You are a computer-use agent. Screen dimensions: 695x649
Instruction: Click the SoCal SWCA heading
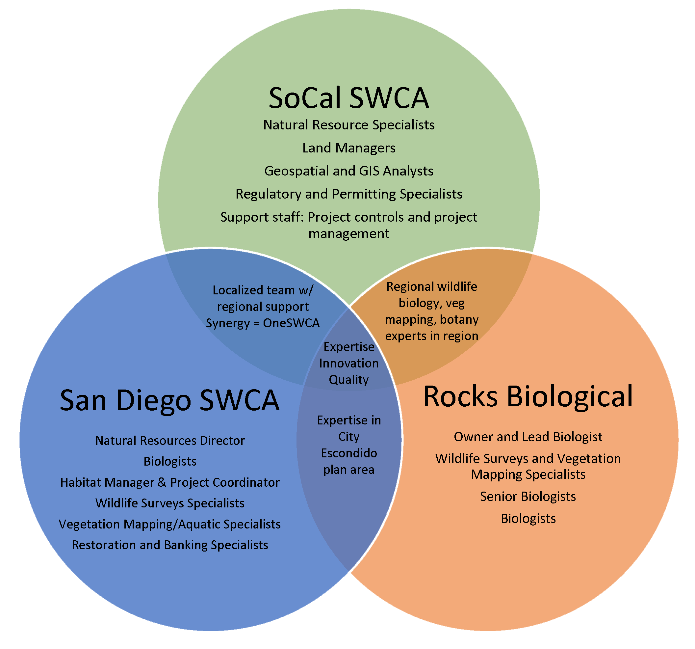(x=348, y=98)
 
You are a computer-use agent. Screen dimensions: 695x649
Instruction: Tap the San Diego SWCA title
(x=169, y=400)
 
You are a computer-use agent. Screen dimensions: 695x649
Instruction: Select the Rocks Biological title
(x=528, y=396)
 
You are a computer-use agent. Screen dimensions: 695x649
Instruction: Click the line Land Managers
(x=348, y=148)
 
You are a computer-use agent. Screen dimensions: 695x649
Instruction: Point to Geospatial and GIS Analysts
(x=348, y=171)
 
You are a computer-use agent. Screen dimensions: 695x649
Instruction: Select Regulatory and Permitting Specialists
(x=348, y=194)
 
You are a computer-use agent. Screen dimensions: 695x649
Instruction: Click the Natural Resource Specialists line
(x=348, y=125)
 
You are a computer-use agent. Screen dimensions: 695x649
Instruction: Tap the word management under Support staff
(x=348, y=234)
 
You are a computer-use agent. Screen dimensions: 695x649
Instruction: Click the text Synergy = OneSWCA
(x=263, y=323)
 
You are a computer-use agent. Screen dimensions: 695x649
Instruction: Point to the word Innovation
(x=348, y=363)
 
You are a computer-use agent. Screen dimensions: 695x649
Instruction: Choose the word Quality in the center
(x=348, y=380)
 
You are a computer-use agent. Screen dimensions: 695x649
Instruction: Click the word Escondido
(x=349, y=453)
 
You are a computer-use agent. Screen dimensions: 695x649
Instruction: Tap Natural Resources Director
(x=170, y=441)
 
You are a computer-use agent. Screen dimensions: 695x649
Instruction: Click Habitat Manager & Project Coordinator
(x=170, y=482)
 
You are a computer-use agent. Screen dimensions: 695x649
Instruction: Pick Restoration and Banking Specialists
(x=170, y=545)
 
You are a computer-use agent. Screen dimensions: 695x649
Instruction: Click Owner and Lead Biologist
(x=528, y=437)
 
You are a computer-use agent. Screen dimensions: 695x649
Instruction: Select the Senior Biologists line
(x=528, y=497)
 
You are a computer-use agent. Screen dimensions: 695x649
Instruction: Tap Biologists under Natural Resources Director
(x=170, y=461)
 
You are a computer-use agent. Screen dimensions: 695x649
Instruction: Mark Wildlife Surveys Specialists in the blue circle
(x=170, y=503)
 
